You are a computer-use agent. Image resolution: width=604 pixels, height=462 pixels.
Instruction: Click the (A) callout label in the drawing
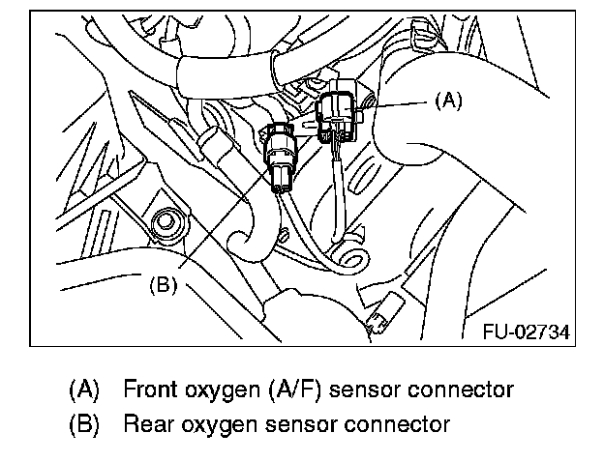pyautogui.click(x=446, y=100)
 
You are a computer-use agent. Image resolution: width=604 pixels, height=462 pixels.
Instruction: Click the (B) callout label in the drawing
pyautogui.click(x=163, y=285)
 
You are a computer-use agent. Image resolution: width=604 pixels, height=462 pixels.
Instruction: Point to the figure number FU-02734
pyautogui.click(x=526, y=332)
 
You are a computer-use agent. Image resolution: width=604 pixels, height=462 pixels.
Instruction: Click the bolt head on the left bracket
pyautogui.click(x=166, y=220)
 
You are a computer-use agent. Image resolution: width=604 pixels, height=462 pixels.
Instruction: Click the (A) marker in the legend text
pyautogui.click(x=84, y=390)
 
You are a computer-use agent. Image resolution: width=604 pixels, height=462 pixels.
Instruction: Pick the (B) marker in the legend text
pyautogui.click(x=84, y=423)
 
